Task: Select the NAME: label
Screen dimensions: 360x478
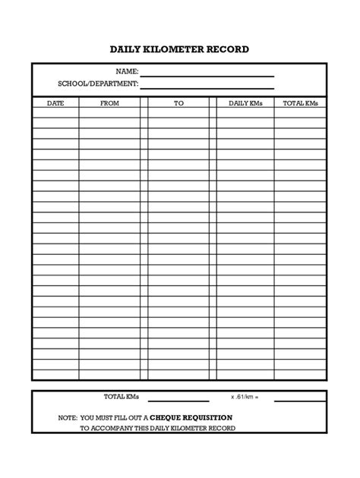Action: click(x=127, y=71)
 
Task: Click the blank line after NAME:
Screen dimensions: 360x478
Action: click(x=207, y=74)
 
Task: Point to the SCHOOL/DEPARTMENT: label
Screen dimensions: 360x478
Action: click(x=98, y=83)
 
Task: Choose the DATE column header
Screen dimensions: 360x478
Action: click(x=55, y=102)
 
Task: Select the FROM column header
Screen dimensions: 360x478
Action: click(x=109, y=102)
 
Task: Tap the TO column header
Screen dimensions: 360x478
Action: click(x=178, y=102)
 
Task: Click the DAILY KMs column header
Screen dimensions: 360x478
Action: click(x=245, y=102)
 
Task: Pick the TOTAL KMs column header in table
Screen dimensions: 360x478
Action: click(x=300, y=102)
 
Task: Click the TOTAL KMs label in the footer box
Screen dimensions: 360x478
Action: click(x=122, y=397)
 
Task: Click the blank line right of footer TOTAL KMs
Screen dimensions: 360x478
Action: click(x=178, y=400)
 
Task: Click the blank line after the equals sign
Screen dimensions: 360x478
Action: click(x=299, y=400)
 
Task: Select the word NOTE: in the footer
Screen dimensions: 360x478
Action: click(x=69, y=417)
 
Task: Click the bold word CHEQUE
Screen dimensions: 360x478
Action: click(x=168, y=417)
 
